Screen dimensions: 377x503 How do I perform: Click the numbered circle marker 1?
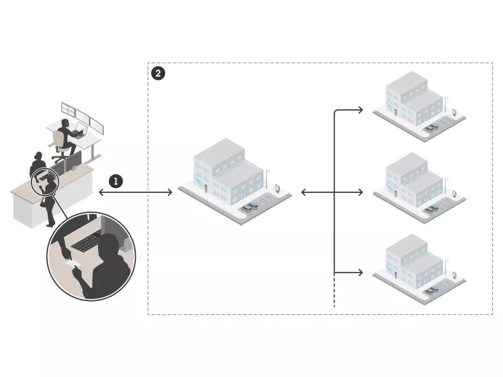tap(115, 181)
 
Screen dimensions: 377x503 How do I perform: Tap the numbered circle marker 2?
tap(158, 74)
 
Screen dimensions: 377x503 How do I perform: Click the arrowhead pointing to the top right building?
tap(360, 111)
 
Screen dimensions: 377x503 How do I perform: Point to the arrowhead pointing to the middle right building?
tap(360, 192)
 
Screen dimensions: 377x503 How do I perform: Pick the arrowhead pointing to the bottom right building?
tap(360, 273)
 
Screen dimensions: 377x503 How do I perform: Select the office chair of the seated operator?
tap(60, 141)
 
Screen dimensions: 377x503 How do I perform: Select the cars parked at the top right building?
tap(431, 128)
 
